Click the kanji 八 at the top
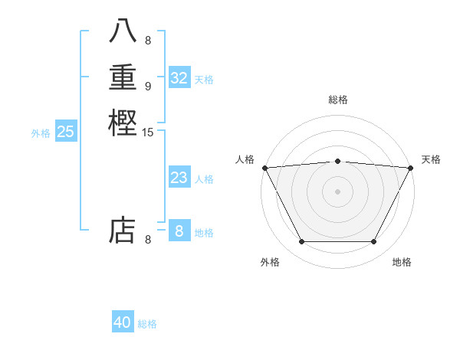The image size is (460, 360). pyautogui.click(x=123, y=31)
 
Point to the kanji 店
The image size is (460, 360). pyautogui.click(x=123, y=230)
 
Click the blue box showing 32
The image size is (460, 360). pyautogui.click(x=179, y=78)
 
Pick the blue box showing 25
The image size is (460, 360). pyautogui.click(x=66, y=132)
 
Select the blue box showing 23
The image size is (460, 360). pyautogui.click(x=179, y=178)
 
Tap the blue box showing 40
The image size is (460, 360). pyautogui.click(x=123, y=322)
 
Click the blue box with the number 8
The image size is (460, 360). pyautogui.click(x=179, y=231)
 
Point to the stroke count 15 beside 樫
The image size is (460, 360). pyautogui.click(x=148, y=133)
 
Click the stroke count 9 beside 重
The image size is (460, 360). pyautogui.click(x=148, y=86)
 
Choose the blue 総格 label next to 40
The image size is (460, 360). pyautogui.click(x=147, y=324)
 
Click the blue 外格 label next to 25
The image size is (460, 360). pyautogui.click(x=41, y=133)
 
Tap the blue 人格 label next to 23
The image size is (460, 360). pyautogui.click(x=204, y=179)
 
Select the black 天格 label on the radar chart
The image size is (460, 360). pyautogui.click(x=431, y=159)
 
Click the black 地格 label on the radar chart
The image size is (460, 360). pyautogui.click(x=402, y=262)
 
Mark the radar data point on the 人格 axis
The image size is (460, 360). pyautogui.click(x=264, y=168)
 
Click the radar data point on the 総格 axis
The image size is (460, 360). pyautogui.click(x=337, y=161)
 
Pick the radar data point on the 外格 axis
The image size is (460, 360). pyautogui.click(x=301, y=242)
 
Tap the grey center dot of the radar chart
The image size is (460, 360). pyautogui.click(x=337, y=191)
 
